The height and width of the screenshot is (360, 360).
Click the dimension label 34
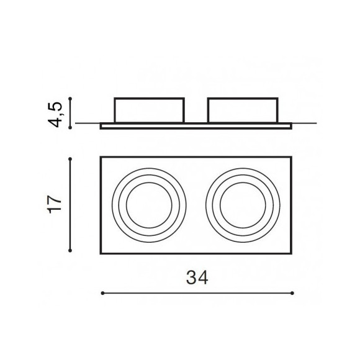click(197, 277)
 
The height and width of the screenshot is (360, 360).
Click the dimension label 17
click(55, 205)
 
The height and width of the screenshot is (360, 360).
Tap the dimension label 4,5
click(56, 114)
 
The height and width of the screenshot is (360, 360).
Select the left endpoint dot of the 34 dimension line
click(102, 293)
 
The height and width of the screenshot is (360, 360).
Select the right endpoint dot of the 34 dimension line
click(292, 293)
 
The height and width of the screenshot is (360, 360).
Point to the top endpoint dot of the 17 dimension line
click(70, 159)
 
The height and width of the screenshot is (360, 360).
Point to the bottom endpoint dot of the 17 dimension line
click(70, 251)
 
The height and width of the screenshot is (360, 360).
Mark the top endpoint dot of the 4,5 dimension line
click(70, 99)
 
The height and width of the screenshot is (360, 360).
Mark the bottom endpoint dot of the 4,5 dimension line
click(70, 127)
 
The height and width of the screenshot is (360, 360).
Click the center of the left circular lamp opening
click(149, 205)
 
